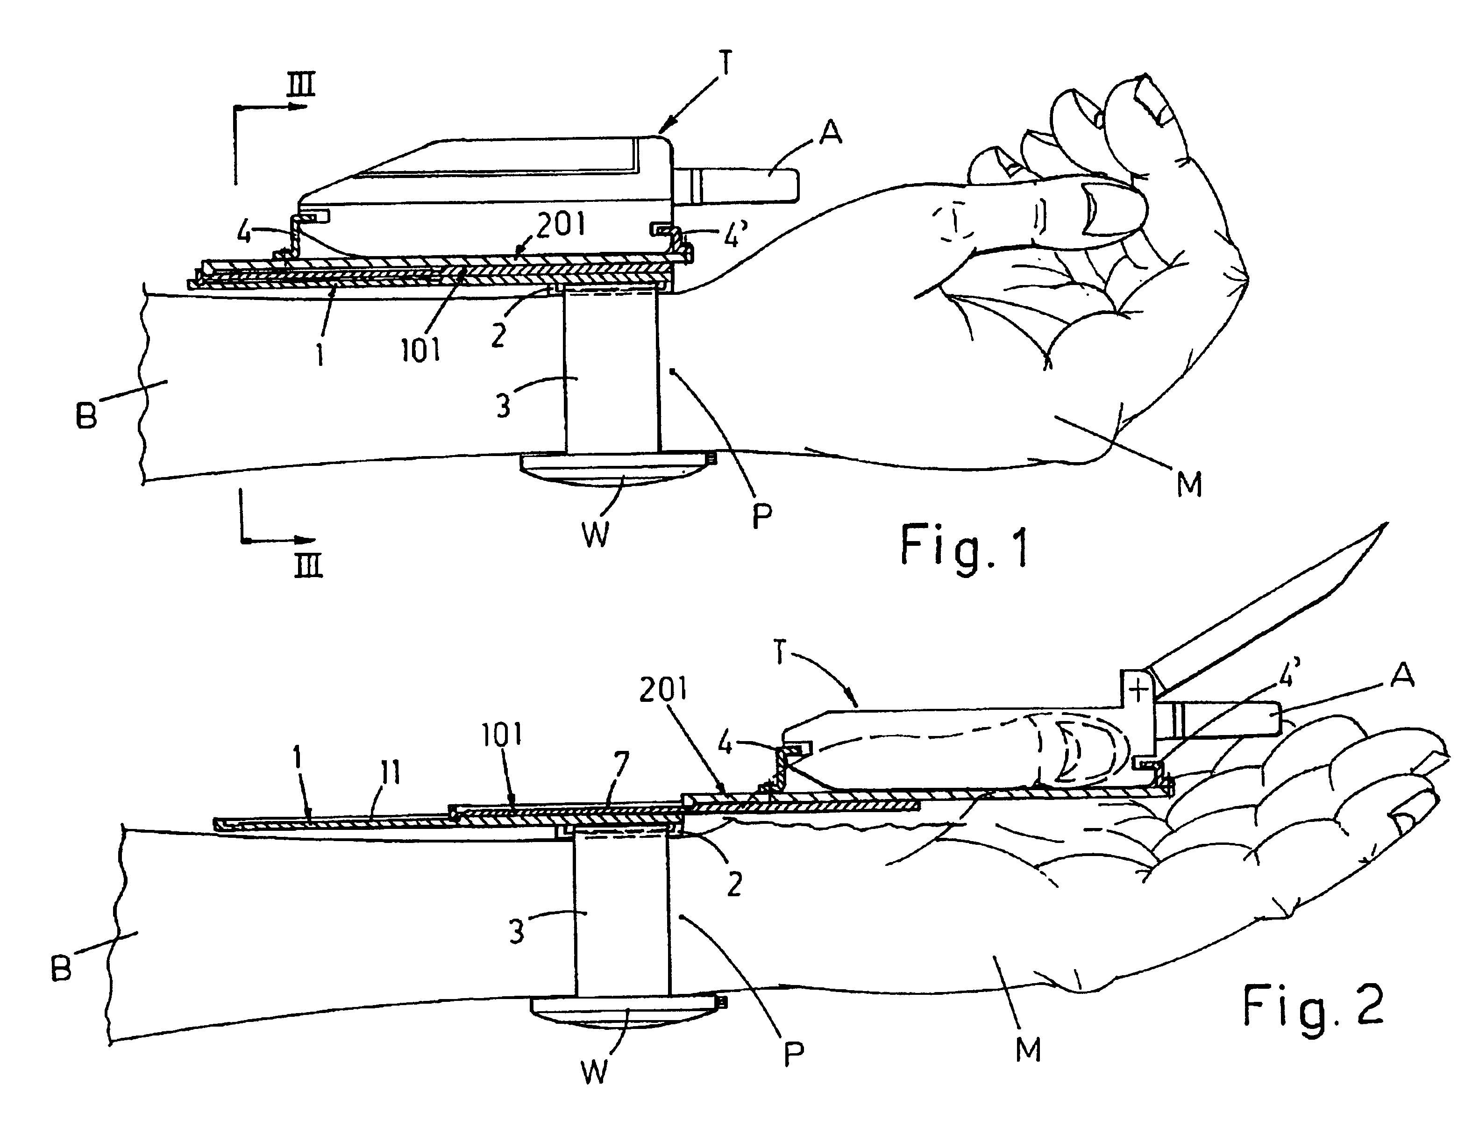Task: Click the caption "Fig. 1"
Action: click(x=964, y=546)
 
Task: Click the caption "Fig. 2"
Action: click(x=1313, y=1005)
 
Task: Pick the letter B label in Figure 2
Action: click(x=62, y=968)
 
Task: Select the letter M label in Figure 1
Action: click(x=1189, y=483)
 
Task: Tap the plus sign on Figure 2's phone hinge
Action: click(x=1138, y=690)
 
